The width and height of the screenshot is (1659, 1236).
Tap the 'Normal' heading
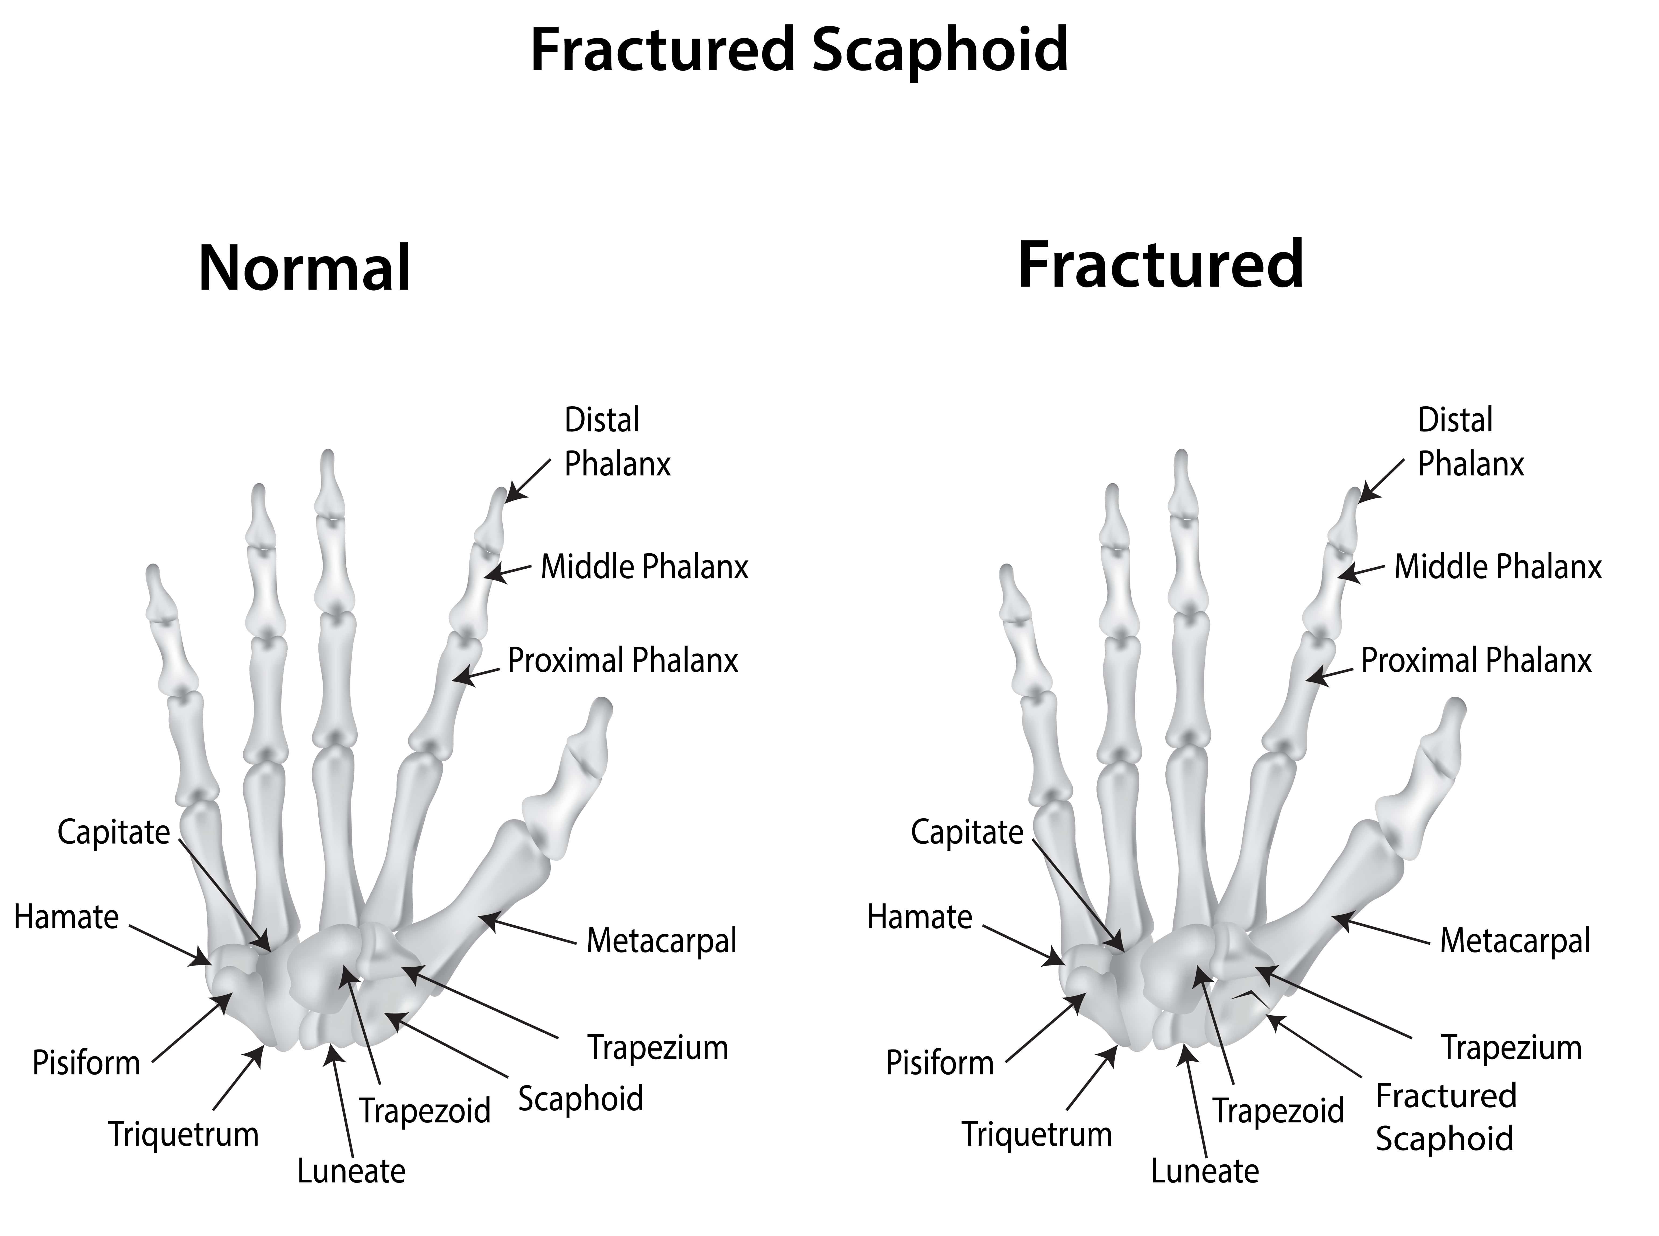305,269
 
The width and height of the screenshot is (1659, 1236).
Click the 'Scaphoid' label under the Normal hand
581,1098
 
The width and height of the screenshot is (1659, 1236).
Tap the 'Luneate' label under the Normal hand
351,1171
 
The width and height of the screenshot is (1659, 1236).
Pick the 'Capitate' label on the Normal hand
114,832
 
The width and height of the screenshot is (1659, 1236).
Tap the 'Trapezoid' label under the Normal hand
424,1111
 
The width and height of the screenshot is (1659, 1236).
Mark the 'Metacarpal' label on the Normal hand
662,941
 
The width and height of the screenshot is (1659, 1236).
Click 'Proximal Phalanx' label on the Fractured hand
1476,661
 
